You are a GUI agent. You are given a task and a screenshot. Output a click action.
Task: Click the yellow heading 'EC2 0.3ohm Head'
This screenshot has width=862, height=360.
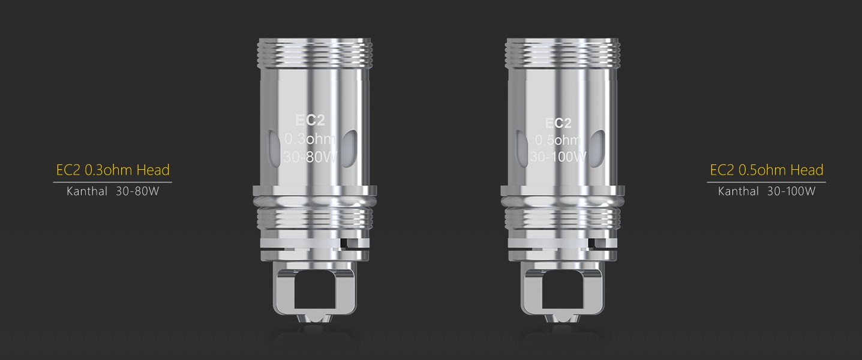click(113, 170)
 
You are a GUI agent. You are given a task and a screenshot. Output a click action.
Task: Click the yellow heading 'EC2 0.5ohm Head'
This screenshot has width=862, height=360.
click(766, 170)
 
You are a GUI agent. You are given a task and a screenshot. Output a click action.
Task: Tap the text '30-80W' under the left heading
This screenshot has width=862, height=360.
click(137, 191)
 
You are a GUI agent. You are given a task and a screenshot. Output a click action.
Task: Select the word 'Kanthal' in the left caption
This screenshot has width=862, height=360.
click(87, 191)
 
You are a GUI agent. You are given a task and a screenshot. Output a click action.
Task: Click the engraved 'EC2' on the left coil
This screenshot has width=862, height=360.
click(310, 121)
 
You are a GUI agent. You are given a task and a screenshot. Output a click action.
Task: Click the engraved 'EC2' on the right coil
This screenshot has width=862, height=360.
click(558, 123)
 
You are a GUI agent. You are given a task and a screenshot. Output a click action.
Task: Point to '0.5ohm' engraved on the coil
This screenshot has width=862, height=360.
click(558, 140)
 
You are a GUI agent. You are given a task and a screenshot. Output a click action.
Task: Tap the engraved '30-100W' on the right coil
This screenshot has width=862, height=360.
click(558, 157)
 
